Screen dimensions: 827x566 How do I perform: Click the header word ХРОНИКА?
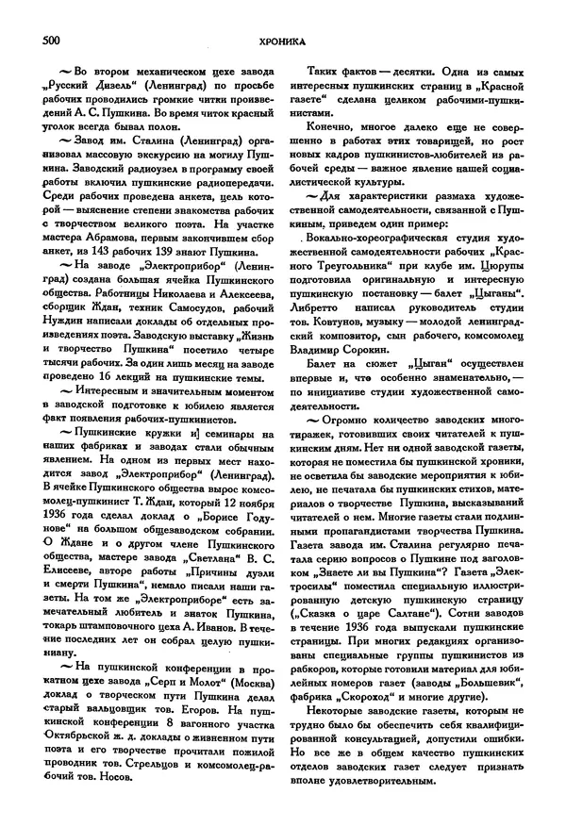283,41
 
